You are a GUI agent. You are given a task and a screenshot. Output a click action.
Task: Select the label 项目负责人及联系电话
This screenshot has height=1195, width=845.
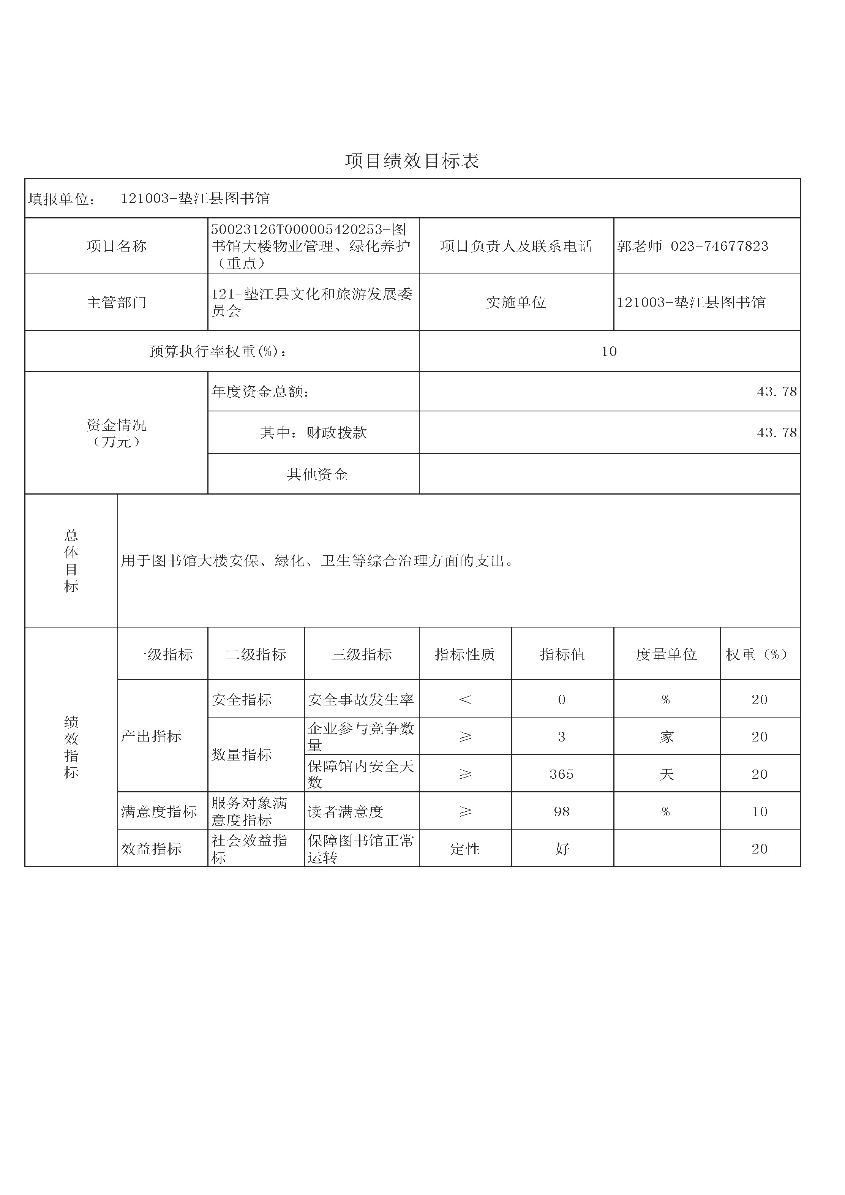tap(516, 246)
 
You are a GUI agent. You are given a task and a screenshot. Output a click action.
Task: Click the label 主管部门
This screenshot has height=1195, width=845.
tap(117, 302)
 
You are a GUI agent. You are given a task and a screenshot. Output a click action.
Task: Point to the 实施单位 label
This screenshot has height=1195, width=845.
tap(516, 302)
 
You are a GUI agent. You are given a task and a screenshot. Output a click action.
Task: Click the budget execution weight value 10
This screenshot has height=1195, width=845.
tap(609, 351)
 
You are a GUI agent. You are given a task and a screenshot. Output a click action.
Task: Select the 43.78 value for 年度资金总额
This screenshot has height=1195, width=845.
tap(776, 391)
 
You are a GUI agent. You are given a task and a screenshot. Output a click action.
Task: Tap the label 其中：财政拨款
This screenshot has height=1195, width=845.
tap(313, 433)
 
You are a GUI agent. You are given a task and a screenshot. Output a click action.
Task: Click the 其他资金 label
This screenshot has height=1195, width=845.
tap(317, 474)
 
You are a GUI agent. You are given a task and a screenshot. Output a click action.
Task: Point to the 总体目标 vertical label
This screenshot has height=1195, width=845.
tap(71, 561)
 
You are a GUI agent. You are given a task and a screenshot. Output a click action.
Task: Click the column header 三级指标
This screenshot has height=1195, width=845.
tap(361, 654)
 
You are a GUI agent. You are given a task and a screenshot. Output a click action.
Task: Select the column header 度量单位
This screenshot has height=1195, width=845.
tap(666, 654)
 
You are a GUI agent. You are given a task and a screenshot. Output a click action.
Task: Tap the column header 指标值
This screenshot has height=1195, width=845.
tap(562, 654)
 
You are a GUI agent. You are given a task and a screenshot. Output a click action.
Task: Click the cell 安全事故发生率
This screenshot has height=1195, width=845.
tap(360, 700)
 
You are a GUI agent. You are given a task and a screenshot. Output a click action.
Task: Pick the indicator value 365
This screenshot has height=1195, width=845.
tap(561, 774)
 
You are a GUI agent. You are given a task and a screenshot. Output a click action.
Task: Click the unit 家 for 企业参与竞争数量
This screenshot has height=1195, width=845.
tap(667, 737)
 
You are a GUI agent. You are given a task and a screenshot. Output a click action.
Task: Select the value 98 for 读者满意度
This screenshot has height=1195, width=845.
tap(561, 811)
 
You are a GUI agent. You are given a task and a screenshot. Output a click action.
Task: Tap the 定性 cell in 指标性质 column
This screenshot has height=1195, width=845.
tap(464, 849)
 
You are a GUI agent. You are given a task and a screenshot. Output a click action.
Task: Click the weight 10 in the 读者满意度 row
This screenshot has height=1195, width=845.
tap(759, 811)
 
